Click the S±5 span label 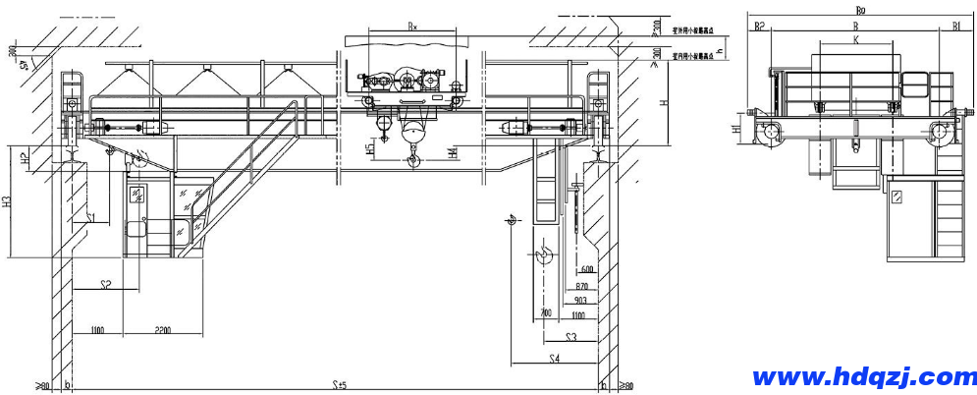[340, 384]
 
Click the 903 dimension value [580, 301]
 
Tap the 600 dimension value [587, 269]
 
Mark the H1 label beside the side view [736, 132]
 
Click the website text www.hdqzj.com [864, 376]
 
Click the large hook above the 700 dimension [545, 257]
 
